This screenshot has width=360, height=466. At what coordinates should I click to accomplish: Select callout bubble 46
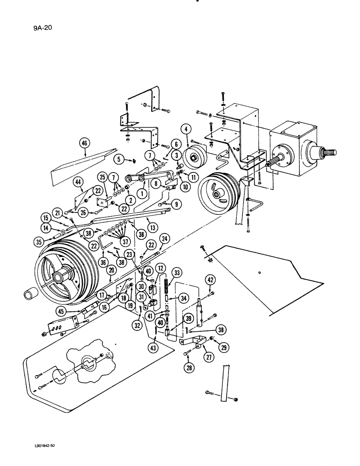coord(84,145)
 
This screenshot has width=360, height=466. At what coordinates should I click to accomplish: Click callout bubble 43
coord(154,347)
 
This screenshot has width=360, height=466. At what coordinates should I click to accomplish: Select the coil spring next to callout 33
coord(166,281)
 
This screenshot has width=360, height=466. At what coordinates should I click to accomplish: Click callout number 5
coord(118,159)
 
